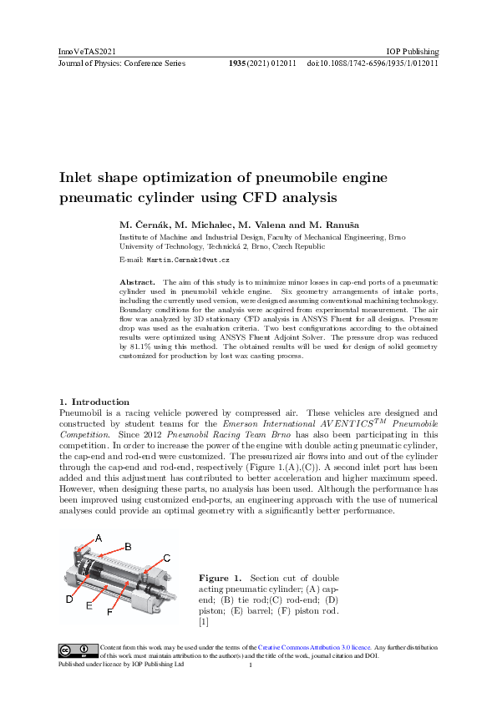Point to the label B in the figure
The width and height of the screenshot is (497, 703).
click(128, 546)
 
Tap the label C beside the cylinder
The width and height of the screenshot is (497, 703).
click(166, 557)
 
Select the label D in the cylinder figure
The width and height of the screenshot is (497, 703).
click(68, 599)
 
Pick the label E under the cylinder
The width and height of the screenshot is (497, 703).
click(89, 606)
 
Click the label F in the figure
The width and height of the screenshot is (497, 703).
click(109, 613)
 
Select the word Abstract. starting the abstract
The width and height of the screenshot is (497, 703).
click(139, 283)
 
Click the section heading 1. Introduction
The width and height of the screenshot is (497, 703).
click(94, 402)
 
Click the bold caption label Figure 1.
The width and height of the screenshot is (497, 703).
click(220, 578)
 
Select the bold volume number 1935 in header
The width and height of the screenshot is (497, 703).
click(240, 63)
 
